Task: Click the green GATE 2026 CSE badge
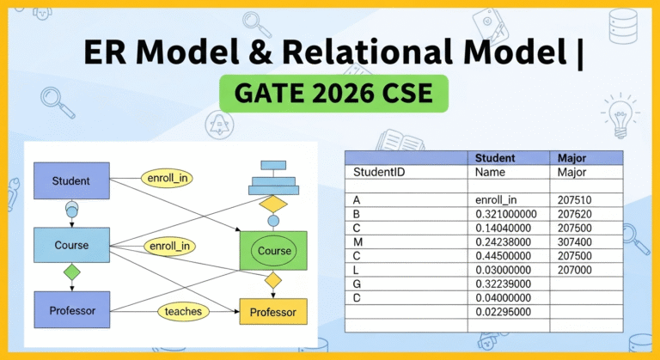pos(333,94)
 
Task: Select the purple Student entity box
pos(71,180)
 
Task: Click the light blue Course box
pos(71,245)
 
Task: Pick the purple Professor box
pos(72,310)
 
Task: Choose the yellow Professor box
pos(273,312)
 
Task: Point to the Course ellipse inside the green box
pos(274,251)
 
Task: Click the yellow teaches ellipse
pos(183,312)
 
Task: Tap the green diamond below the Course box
pos(72,272)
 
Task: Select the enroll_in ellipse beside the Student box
pos(167,178)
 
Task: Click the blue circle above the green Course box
pos(273,221)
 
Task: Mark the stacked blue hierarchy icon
pos(273,178)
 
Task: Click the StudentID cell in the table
pos(379,172)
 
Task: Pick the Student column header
pos(495,158)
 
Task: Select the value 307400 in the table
pos(575,242)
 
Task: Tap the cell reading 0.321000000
pos(506,214)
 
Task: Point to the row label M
pos(357,242)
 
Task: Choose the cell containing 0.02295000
pos(503,312)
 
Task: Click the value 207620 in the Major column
pos(575,214)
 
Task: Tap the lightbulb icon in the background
pos(620,116)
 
